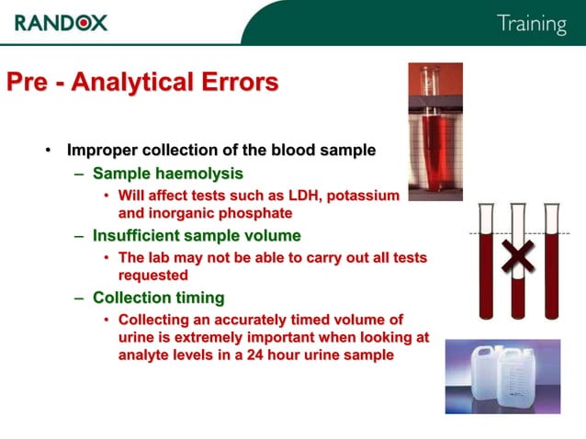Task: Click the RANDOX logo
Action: (61, 22)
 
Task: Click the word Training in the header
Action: (531, 24)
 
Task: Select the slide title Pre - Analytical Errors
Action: (142, 83)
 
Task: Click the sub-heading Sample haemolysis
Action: (168, 173)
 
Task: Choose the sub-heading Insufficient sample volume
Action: (197, 236)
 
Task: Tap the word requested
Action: (153, 275)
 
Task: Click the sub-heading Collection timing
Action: (158, 298)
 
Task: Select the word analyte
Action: (147, 355)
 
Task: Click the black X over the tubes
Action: (518, 258)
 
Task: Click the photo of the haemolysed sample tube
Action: (435, 131)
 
